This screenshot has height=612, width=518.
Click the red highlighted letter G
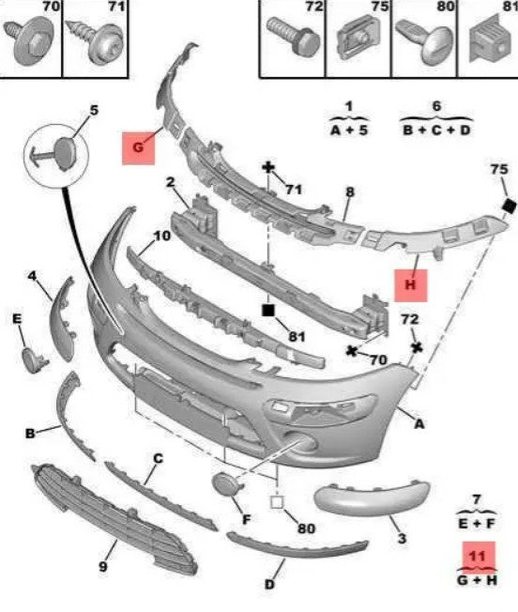click(x=138, y=148)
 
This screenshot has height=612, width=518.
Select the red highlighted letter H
click(x=410, y=285)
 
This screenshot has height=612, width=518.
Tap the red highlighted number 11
click(x=479, y=556)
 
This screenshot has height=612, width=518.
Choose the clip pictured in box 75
click(x=358, y=38)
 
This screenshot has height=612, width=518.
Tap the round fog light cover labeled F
click(x=226, y=484)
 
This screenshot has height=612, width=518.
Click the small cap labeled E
click(x=33, y=360)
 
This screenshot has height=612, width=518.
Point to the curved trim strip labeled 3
click(x=372, y=497)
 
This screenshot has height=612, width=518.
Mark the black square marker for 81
click(x=268, y=311)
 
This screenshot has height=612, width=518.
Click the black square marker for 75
click(x=509, y=207)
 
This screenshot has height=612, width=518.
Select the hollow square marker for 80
click(x=277, y=502)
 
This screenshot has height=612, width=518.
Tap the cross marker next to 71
click(x=268, y=168)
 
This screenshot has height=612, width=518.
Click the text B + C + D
click(x=436, y=130)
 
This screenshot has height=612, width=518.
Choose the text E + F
click(x=477, y=524)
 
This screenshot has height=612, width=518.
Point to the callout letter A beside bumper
click(x=419, y=423)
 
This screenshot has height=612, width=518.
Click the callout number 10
click(x=161, y=236)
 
